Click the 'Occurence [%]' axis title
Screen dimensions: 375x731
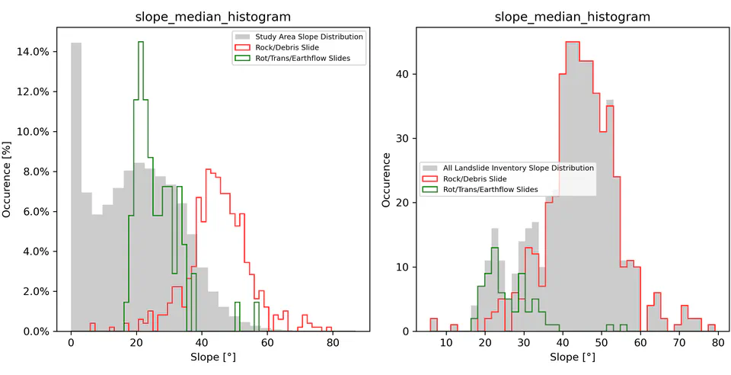[x=8, y=180]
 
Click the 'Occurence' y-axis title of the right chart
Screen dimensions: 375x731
[x=387, y=180]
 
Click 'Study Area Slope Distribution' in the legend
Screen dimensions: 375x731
[x=309, y=37]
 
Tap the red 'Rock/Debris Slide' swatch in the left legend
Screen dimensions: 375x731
[x=242, y=47]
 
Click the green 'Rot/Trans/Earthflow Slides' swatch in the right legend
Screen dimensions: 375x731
[x=430, y=189]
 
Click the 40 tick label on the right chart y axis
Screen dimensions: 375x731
[x=404, y=74]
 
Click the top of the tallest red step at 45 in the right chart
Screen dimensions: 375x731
[x=573, y=42]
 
